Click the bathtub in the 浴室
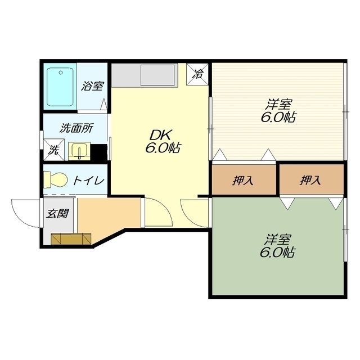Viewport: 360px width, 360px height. click(x=60, y=87)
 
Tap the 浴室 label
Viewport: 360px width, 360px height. click(x=92, y=86)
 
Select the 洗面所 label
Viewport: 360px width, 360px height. click(x=76, y=128)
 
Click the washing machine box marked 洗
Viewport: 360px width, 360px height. click(x=54, y=150)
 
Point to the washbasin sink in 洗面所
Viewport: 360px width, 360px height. click(x=79, y=151)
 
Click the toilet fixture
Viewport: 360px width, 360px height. click(x=55, y=179)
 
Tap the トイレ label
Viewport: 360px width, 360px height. click(x=89, y=181)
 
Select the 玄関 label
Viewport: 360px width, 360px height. click(x=57, y=213)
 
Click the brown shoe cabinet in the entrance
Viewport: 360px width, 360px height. click(x=71, y=239)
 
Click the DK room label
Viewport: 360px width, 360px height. click(x=160, y=136)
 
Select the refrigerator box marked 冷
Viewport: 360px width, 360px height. click(x=197, y=74)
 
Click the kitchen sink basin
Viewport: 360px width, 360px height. click(x=157, y=75)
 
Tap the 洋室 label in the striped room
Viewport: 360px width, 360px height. click(x=279, y=105)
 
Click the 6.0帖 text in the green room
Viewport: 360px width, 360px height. click(x=277, y=253)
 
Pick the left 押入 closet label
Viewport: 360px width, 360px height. click(x=243, y=180)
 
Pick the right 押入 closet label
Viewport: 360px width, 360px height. click(x=310, y=180)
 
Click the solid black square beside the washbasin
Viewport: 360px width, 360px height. click(x=99, y=152)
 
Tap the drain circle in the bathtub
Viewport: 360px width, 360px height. click(x=61, y=73)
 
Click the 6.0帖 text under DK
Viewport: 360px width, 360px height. click(x=163, y=148)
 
